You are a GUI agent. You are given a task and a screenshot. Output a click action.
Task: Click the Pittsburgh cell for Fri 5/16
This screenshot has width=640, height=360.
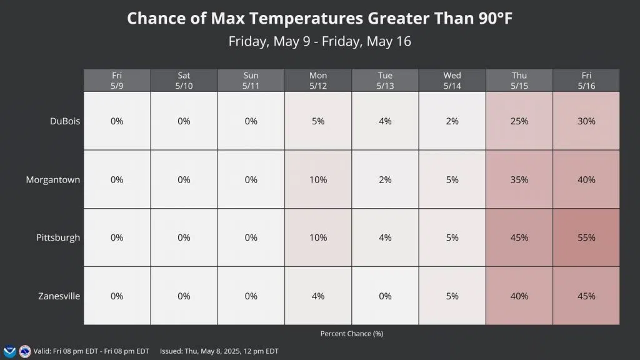(x=586, y=237)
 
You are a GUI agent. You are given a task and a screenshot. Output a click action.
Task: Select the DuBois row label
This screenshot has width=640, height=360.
(x=66, y=121)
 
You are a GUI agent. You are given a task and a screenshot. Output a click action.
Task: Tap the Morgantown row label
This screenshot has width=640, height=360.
(x=53, y=179)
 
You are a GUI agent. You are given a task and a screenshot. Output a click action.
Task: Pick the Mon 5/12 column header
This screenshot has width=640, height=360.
(x=317, y=80)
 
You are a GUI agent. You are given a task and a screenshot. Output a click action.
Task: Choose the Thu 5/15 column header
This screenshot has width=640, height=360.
(x=519, y=80)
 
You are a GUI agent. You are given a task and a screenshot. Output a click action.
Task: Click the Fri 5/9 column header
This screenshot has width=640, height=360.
(x=117, y=80)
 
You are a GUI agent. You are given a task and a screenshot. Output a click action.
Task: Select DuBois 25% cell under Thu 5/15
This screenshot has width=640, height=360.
(x=519, y=121)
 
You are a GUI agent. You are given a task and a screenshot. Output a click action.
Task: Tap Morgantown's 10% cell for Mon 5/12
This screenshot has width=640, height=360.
(x=317, y=179)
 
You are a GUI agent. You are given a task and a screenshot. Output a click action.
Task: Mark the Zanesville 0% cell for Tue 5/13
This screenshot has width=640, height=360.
(x=385, y=296)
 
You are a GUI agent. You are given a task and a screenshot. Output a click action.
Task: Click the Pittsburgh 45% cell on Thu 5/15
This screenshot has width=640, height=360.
(x=519, y=237)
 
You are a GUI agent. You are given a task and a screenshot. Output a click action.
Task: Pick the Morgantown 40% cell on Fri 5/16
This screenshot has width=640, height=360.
(x=586, y=179)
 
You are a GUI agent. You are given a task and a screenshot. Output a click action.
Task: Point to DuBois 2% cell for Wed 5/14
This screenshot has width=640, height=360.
(x=452, y=121)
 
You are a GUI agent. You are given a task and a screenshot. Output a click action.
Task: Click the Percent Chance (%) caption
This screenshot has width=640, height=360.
(x=352, y=334)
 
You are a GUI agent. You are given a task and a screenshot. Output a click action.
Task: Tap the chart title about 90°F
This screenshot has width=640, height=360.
(x=320, y=18)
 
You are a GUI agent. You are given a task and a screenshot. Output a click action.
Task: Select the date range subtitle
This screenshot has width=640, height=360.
(x=320, y=42)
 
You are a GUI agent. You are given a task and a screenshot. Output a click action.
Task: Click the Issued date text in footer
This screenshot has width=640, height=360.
(x=219, y=351)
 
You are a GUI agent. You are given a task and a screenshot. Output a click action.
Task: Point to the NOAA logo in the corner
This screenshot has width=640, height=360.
(x=9, y=351)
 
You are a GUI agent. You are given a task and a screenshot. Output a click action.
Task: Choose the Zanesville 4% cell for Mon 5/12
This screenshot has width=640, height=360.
(x=317, y=296)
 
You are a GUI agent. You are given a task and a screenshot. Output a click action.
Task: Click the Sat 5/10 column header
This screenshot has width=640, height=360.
(x=184, y=80)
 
